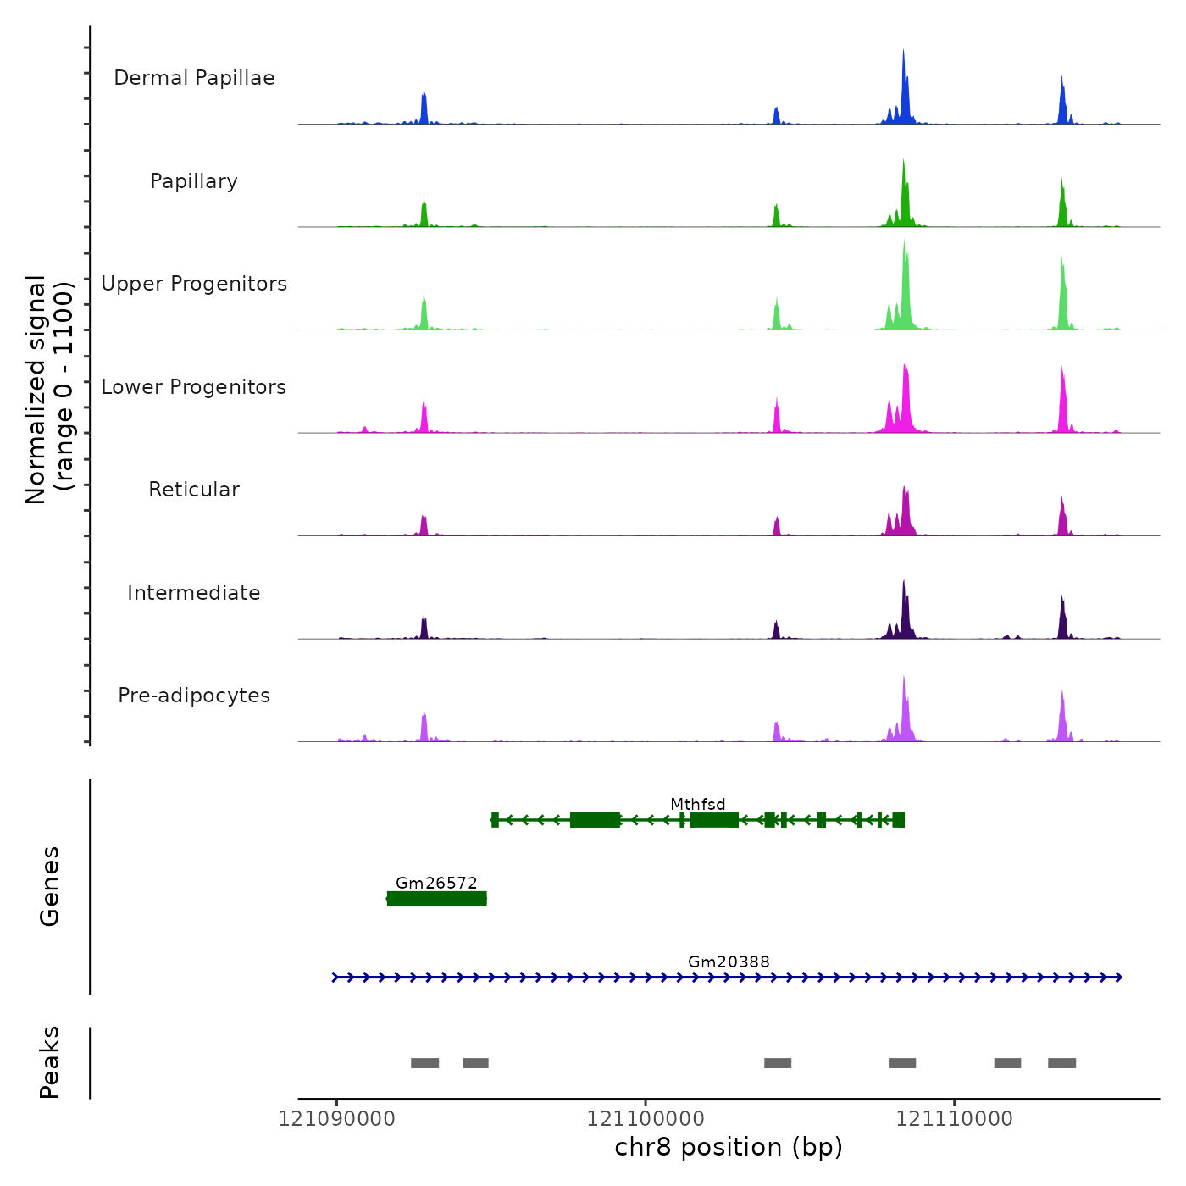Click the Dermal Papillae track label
coord(194,78)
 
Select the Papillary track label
coord(194,181)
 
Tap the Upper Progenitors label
coord(194,284)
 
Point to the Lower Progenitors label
coord(194,387)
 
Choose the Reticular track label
coord(194,490)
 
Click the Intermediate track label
coord(194,593)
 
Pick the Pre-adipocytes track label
coord(194,696)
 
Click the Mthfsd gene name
coord(698,804)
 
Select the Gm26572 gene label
coord(436,883)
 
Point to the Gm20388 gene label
coord(729,962)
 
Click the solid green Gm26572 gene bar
coord(436,899)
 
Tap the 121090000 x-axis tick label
coord(337,1119)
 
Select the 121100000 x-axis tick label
coord(646,1119)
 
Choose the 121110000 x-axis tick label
coord(955,1119)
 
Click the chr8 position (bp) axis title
coord(729,1147)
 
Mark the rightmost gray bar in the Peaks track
coord(1061,1063)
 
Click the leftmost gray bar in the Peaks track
coord(424,1063)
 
